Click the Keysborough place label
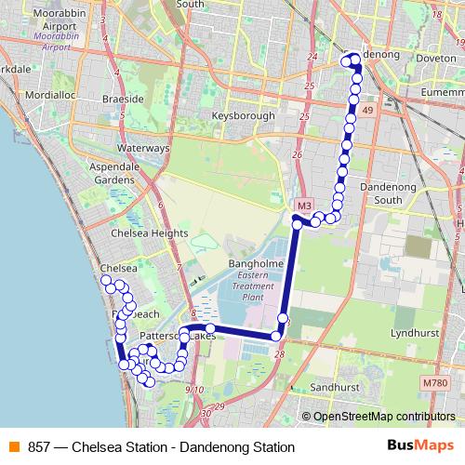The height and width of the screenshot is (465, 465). click(243, 116)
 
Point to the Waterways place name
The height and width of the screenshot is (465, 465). click(143, 148)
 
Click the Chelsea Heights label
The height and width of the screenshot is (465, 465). click(144, 233)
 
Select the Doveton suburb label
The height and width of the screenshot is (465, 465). click(436, 57)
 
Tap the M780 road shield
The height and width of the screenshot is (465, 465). click(433, 383)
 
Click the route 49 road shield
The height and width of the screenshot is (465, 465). click(368, 111)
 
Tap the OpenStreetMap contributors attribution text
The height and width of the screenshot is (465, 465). click(384, 417)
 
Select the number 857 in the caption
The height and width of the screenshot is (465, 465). click(39, 447)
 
